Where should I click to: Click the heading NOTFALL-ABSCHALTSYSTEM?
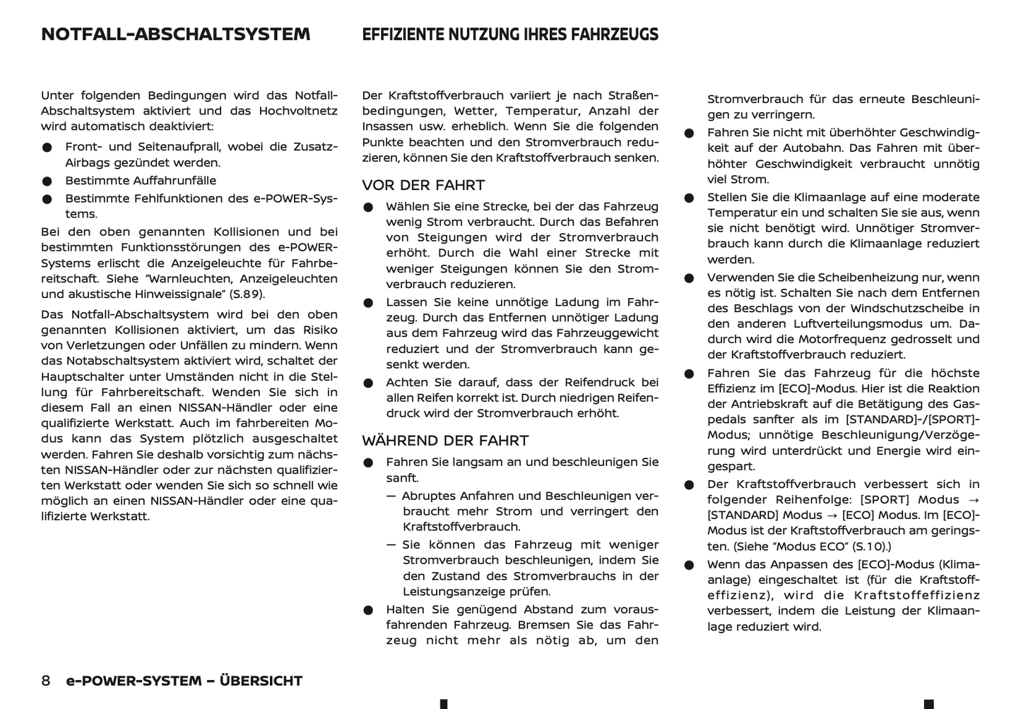tap(175, 35)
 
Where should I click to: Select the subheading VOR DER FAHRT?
tap(423, 186)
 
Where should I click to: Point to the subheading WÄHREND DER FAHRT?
tap(445, 441)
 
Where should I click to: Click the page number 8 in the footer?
tap(46, 681)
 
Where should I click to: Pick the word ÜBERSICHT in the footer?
tap(261, 681)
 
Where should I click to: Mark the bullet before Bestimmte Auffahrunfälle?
tap(47, 181)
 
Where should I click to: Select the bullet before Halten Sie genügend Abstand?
tap(368, 610)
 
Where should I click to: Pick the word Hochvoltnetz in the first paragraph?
tap(298, 111)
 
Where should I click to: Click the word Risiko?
tap(320, 330)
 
